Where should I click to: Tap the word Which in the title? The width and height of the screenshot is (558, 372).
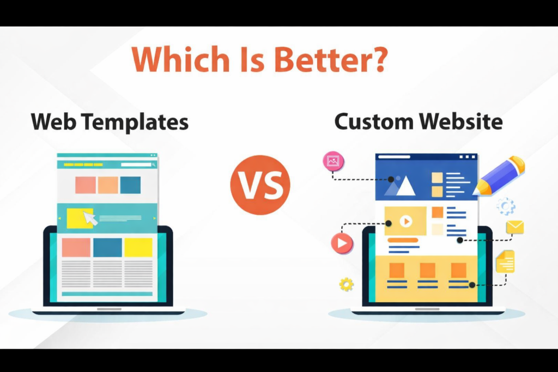(x=181, y=59)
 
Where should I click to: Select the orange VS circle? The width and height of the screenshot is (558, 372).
(x=260, y=185)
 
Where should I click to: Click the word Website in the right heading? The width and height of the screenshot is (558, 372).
(x=461, y=121)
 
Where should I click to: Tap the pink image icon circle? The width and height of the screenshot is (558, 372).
(x=333, y=161)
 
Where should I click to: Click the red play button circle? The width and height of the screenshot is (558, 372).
(x=342, y=243)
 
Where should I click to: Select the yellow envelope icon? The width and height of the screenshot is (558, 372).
(x=514, y=227)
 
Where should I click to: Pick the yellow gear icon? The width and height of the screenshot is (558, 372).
(x=346, y=284)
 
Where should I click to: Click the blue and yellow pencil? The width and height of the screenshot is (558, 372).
(x=499, y=176)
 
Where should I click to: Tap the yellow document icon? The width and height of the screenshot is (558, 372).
(x=505, y=261)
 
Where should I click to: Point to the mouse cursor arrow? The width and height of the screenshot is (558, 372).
(x=90, y=218)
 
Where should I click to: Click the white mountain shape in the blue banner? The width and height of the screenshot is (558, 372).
(x=405, y=186)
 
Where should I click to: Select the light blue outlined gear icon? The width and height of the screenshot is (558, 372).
(x=506, y=206)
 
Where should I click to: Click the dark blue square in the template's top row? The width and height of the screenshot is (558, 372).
(x=130, y=185)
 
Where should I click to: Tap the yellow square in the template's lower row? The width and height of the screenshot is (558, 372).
(x=138, y=247)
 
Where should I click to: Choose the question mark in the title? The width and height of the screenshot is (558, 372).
(x=380, y=59)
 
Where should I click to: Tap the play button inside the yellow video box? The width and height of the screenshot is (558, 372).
(x=405, y=221)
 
